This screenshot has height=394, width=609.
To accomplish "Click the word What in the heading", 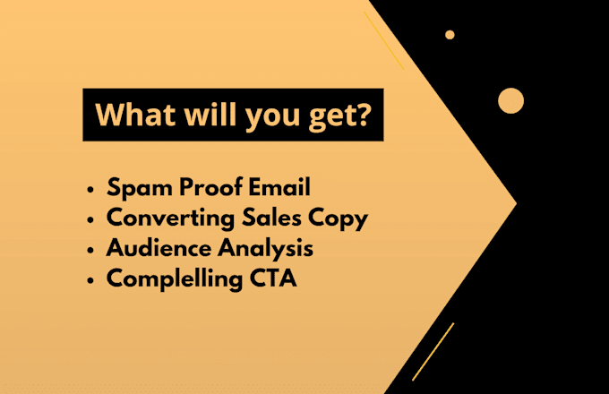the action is [x=135, y=115].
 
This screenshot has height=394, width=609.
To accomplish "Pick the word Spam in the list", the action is [x=140, y=188].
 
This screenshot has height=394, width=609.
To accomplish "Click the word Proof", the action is [x=210, y=187].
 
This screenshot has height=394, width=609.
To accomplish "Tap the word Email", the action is [x=279, y=187].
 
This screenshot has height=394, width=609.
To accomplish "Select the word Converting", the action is [x=170, y=218].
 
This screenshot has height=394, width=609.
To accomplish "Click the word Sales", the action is [x=271, y=217].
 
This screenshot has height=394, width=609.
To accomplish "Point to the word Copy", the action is [x=338, y=218].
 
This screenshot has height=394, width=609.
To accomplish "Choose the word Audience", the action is [x=159, y=248].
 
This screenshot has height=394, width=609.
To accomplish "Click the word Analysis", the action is [x=265, y=249].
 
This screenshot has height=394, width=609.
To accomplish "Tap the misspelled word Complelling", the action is [x=175, y=279].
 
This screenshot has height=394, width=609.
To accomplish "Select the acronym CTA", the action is [x=273, y=278].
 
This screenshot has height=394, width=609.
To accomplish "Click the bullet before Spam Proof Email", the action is [x=90, y=190].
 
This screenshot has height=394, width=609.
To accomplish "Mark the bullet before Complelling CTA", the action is [x=90, y=280].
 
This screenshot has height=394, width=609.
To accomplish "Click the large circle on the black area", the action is [x=510, y=101].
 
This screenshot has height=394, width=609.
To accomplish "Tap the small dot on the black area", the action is [x=450, y=35].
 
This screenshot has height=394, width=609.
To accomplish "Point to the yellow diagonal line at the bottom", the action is [x=433, y=352].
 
